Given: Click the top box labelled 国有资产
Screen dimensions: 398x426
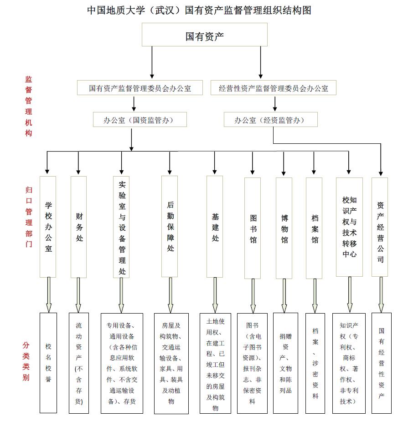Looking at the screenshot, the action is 204,35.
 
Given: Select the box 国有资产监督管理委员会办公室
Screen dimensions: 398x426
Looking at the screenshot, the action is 140,87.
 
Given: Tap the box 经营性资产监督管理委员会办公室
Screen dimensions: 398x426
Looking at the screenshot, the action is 274,87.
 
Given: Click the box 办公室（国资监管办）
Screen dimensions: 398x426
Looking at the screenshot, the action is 140,119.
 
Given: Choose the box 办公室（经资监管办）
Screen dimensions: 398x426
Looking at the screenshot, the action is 271,119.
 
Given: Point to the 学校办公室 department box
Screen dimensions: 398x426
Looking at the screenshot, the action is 48,227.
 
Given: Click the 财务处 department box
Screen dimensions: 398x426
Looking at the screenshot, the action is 79,227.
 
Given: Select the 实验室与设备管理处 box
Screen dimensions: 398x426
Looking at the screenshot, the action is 121,227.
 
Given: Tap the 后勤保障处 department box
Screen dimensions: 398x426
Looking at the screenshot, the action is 170,226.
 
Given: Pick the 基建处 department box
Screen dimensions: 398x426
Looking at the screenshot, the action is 215,227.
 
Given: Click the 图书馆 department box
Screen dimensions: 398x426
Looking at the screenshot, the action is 253,228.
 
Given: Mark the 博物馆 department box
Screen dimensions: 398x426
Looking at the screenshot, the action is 284,228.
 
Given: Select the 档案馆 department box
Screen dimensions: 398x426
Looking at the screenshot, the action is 314,228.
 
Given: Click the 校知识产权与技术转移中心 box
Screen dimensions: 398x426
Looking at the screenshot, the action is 349,227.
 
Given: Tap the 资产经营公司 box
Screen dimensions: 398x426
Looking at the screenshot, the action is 380,227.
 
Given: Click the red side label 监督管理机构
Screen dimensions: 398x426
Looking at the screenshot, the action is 29,106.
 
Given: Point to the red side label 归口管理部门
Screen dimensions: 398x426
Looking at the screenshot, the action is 29,217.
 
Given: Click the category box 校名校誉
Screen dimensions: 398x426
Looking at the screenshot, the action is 48,363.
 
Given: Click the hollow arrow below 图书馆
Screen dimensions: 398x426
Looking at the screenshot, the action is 253,296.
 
